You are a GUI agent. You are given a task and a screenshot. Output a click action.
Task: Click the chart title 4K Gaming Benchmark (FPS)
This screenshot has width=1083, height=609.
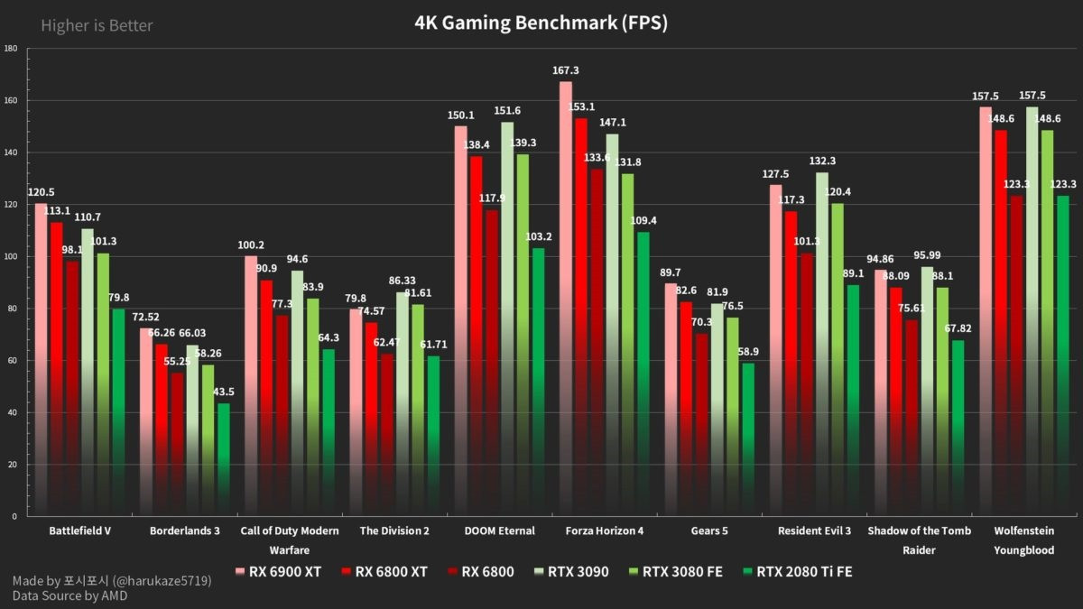tap(541, 23)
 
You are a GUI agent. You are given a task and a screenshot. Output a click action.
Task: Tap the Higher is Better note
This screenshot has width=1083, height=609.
tap(97, 25)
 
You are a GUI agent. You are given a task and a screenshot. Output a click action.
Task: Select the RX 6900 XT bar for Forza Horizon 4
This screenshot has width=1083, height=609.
tap(566, 298)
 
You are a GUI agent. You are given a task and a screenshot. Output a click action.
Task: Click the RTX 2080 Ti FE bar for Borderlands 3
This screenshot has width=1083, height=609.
tap(223, 459)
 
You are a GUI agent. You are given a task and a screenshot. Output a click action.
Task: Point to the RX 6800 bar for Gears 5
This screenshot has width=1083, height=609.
tap(701, 424)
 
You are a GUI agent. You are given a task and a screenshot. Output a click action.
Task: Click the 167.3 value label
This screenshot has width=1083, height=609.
tap(566, 70)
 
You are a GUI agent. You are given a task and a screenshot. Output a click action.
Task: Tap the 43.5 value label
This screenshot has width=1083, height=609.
tap(224, 392)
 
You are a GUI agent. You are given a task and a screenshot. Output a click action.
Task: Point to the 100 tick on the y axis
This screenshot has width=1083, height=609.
tap(11, 256)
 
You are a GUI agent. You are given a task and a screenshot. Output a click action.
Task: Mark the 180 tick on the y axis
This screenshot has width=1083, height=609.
tap(11, 49)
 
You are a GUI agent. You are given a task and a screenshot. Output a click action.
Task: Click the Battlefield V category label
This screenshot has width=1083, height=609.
tap(80, 531)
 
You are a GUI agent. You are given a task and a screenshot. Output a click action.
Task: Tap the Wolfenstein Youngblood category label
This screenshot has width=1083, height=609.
tap(1023, 540)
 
